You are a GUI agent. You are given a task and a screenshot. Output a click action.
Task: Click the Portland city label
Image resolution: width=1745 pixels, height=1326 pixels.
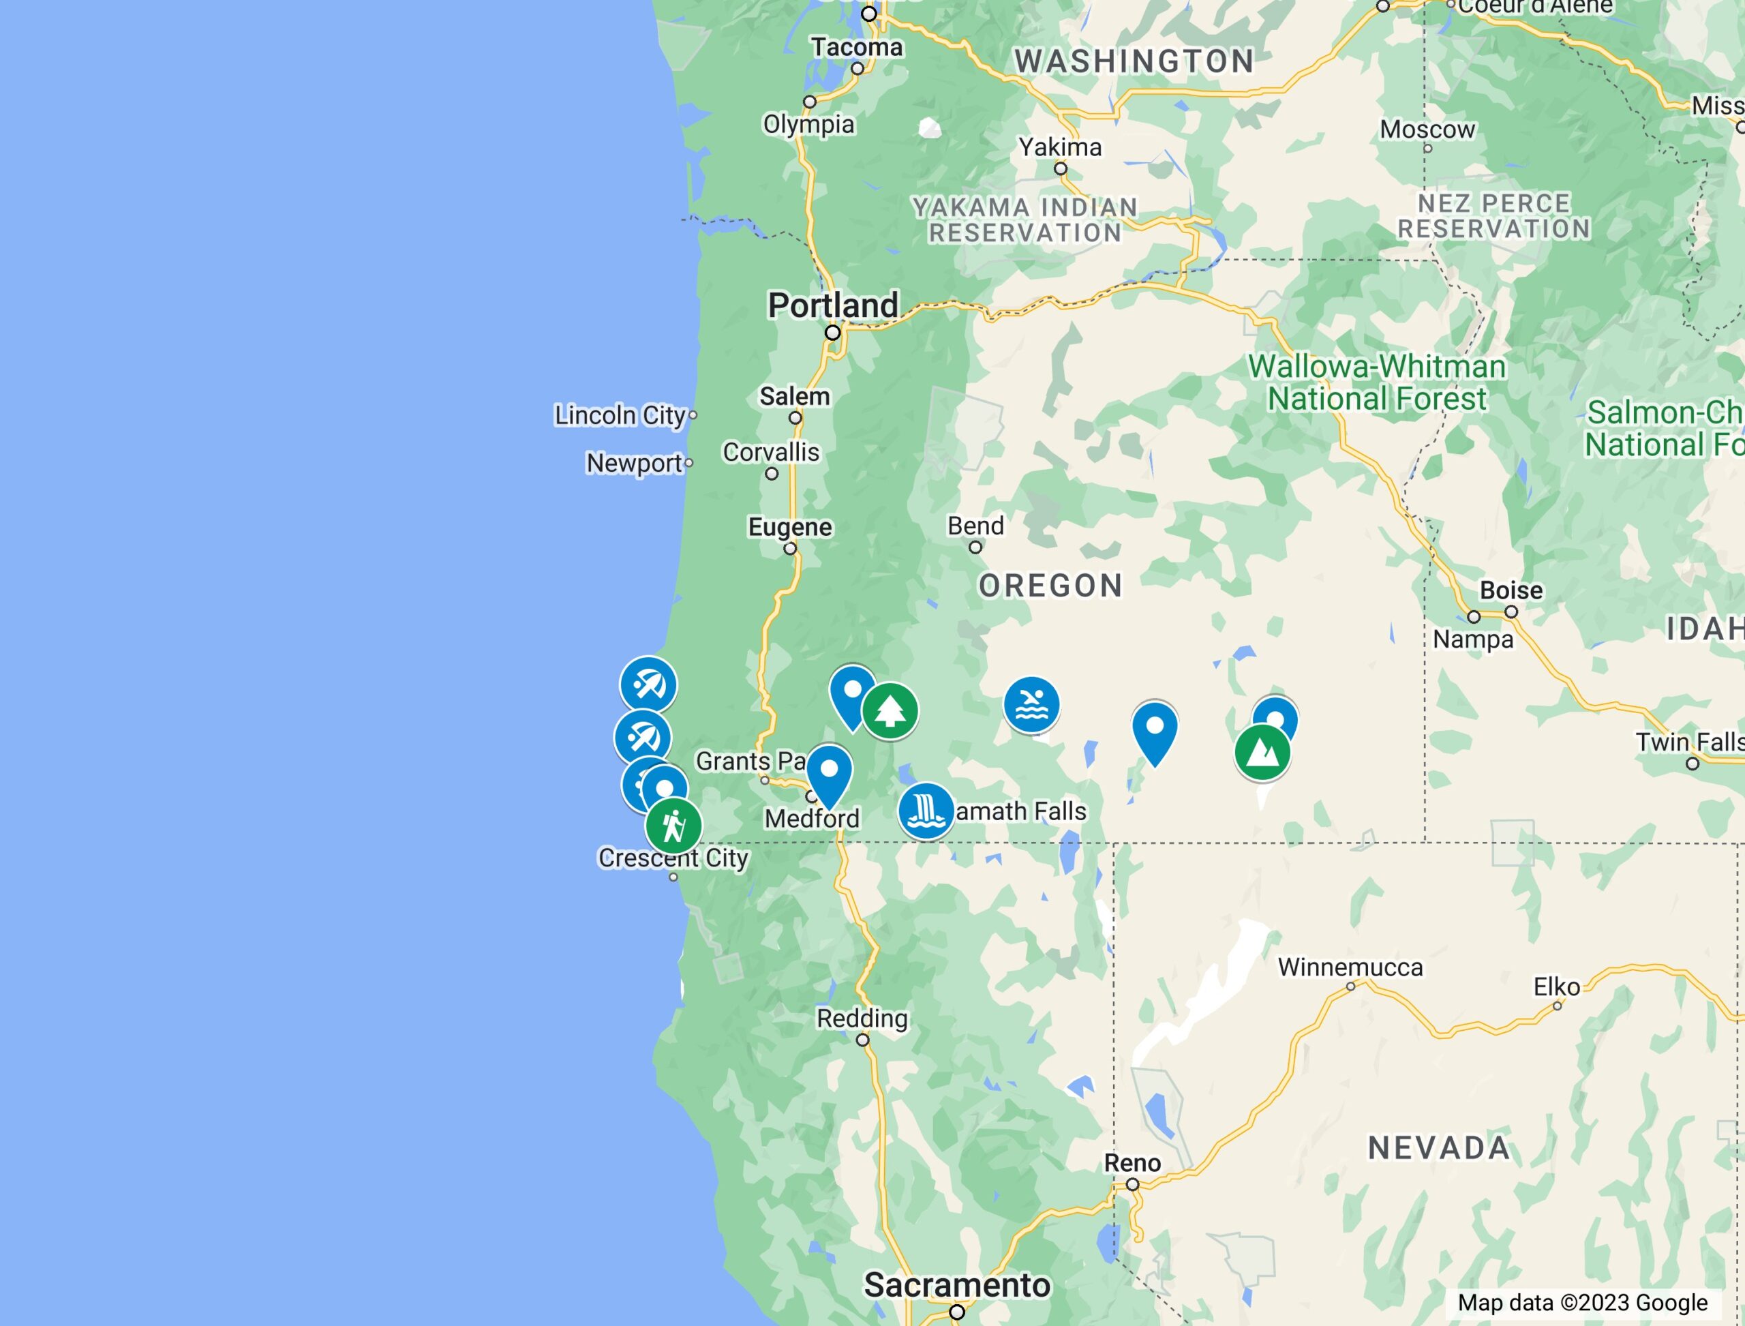point(833,305)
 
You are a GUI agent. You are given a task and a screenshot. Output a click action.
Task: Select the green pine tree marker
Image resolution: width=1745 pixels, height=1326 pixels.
point(890,710)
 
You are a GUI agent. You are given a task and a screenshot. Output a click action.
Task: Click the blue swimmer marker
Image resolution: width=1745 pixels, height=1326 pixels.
point(1031,704)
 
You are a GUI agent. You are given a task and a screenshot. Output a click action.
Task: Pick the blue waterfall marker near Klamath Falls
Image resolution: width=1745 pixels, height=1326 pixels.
point(926,810)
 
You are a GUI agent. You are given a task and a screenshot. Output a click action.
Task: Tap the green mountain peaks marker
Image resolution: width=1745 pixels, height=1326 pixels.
point(1262,752)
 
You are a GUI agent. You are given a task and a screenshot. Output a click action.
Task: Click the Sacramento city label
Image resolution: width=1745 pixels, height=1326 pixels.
point(956,1284)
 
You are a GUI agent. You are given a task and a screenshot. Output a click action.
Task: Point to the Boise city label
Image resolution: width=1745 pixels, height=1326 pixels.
point(1511,590)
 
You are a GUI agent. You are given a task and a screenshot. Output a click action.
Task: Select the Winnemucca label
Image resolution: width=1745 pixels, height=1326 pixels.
point(1350,967)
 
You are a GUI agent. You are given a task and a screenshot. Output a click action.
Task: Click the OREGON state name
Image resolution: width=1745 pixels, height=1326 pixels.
point(1050,586)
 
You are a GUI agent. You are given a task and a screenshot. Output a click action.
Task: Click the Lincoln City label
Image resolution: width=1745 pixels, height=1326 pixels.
point(620,415)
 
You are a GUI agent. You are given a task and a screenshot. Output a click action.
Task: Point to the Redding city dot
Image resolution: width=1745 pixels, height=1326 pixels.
point(863,1040)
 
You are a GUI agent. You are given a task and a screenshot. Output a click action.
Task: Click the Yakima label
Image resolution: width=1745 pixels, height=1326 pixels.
point(1060,147)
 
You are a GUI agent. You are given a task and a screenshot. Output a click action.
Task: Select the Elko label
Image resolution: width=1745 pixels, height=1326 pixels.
point(1556,987)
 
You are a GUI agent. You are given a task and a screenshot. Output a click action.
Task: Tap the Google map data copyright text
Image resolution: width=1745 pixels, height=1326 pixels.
point(1582,1302)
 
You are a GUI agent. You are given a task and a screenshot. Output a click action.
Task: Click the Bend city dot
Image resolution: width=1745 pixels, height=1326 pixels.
point(975,547)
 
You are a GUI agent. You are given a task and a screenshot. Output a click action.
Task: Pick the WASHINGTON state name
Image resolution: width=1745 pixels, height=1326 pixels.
point(1134,61)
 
